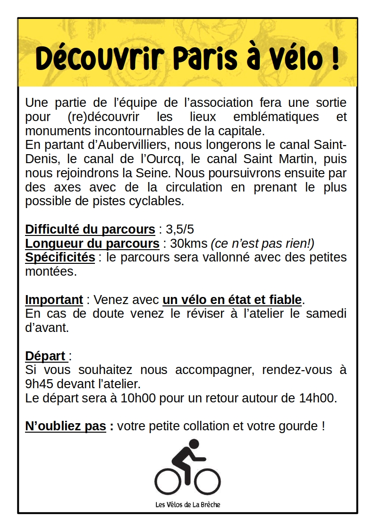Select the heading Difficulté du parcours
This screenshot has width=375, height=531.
pyautogui.click(x=90, y=229)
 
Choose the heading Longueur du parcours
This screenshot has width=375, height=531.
pyautogui.click(x=92, y=244)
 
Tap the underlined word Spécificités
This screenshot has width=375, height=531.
pyautogui.click(x=60, y=258)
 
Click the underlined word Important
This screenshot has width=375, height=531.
pyautogui.click(x=54, y=300)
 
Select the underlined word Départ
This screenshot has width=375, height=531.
pyautogui.click(x=45, y=356)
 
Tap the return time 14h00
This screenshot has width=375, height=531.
pyautogui.click(x=317, y=398)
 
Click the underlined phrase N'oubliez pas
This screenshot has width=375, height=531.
pyautogui.click(x=66, y=426)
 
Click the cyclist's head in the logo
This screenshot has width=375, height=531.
pyautogui.click(x=193, y=444)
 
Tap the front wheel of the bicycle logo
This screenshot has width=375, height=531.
pyautogui.click(x=208, y=481)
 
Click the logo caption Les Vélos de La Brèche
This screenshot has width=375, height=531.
pyautogui.click(x=187, y=505)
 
